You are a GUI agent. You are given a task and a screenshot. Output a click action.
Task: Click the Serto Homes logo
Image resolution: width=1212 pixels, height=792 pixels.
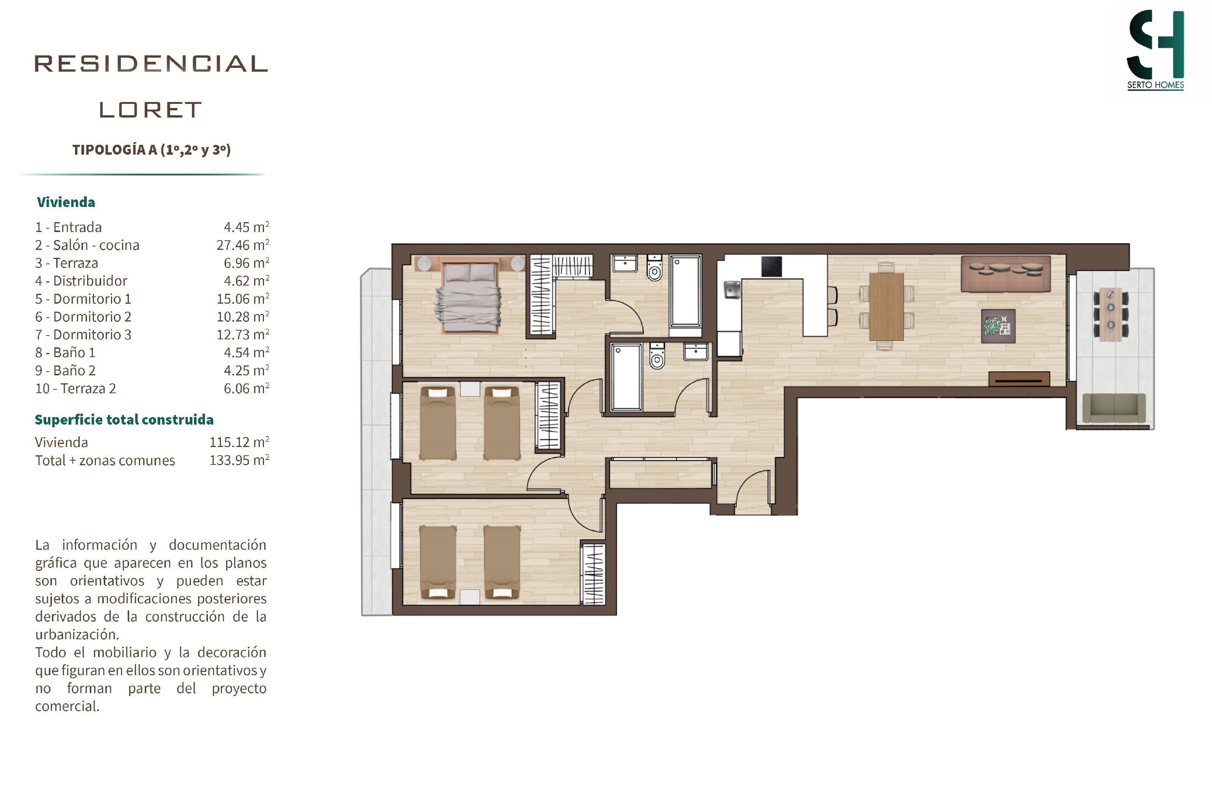[x=1155, y=50]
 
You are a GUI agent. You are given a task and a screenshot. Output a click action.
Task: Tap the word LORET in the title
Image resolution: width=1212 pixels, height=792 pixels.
[x=151, y=110]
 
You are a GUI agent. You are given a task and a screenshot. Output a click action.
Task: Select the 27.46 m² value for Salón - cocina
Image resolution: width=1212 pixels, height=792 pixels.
[x=242, y=245]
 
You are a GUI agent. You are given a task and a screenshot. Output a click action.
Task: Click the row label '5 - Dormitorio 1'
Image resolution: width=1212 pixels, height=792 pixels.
[x=83, y=299]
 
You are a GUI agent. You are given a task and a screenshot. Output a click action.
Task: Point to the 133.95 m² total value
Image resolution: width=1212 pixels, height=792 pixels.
[x=239, y=460]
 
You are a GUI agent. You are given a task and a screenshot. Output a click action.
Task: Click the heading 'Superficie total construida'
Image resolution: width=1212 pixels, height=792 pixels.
[x=124, y=419]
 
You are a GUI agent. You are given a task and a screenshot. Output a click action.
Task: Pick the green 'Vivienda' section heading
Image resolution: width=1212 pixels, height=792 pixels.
[x=66, y=202]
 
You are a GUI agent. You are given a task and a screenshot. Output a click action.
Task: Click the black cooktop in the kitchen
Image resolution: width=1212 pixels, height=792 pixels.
[x=772, y=267]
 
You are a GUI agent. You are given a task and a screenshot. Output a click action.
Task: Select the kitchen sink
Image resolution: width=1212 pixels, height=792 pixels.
[x=732, y=290]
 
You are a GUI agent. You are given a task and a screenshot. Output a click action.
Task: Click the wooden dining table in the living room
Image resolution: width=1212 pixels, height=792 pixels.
[x=886, y=306]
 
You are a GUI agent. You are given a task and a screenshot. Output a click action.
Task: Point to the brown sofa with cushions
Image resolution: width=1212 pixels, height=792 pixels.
[x=1005, y=274]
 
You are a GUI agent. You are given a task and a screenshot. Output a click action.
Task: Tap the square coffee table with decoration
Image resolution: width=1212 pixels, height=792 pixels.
[x=998, y=326]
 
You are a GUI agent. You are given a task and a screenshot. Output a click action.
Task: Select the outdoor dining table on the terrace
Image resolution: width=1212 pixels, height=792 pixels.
[x=1110, y=314]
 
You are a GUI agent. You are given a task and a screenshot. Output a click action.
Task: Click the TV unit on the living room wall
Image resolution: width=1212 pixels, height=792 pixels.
[x=1019, y=379]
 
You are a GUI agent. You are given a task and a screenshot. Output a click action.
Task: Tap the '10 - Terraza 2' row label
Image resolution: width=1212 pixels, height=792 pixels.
[x=75, y=388]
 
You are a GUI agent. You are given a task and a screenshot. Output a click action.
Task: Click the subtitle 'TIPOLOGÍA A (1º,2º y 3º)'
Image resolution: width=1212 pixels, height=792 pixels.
[x=151, y=150]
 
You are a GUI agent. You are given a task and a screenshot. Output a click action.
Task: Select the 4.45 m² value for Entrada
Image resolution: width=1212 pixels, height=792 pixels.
[x=246, y=227]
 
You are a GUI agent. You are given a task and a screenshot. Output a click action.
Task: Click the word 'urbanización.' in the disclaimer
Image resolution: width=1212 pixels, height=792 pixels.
[x=77, y=635]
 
